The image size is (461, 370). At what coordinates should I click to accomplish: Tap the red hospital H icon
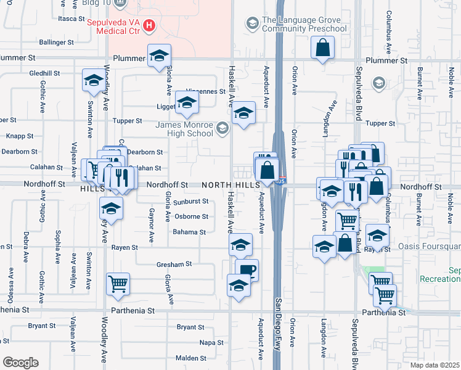[149, 26]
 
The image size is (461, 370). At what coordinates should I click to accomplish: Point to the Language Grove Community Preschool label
[304, 24]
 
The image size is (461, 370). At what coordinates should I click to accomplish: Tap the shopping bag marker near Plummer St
[322, 47]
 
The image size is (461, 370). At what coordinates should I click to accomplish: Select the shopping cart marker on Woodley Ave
[117, 284]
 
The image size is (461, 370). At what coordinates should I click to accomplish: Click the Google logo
[20, 363]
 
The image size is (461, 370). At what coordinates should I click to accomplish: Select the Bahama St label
[189, 232]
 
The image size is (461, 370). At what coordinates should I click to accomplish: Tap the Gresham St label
[174, 264]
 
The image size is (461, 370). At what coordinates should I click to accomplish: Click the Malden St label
[190, 358]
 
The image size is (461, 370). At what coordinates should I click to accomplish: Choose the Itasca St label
[70, 19]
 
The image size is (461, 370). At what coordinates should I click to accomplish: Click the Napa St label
[211, 342]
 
